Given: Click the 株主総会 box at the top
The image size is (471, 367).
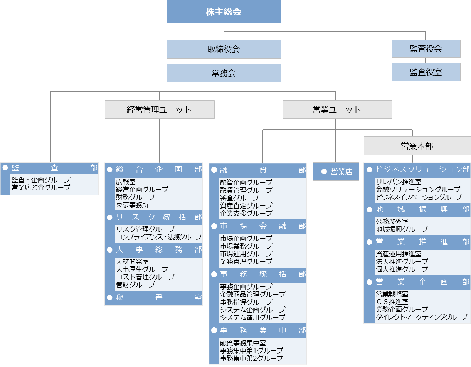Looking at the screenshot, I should pyautogui.click(x=224, y=12).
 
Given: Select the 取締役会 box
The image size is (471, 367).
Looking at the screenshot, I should pyautogui.click(x=224, y=49).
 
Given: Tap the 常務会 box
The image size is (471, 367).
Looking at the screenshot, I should pyautogui.click(x=224, y=73).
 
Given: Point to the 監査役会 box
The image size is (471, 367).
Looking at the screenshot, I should pyautogui.click(x=426, y=49).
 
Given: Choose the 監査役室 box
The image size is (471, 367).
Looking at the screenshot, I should pyautogui.click(x=426, y=72).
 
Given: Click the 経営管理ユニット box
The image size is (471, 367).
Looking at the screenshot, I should pyautogui.click(x=160, y=109).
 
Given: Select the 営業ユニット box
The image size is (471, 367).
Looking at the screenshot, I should pyautogui.click(x=337, y=109).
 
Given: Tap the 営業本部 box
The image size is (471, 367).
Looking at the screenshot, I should pyautogui.click(x=417, y=146).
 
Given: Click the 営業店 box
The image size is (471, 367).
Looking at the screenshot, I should pyautogui.click(x=336, y=172).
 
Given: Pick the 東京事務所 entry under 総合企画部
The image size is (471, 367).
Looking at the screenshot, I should pyautogui.click(x=132, y=205).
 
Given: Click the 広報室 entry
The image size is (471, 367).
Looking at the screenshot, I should pyautogui.click(x=126, y=182).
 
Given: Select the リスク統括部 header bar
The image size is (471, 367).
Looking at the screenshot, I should pyautogui.click(x=154, y=217).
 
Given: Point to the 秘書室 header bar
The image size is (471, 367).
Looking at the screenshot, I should pyautogui.click(x=154, y=298).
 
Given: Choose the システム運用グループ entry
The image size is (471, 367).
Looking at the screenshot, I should pyautogui.click(x=252, y=317).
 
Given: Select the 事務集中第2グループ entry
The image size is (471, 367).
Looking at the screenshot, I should pyautogui.click(x=251, y=358).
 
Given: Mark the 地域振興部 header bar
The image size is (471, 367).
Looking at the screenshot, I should pyautogui.click(x=417, y=209).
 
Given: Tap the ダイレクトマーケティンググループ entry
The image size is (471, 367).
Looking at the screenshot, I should pyautogui.click(x=421, y=317).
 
